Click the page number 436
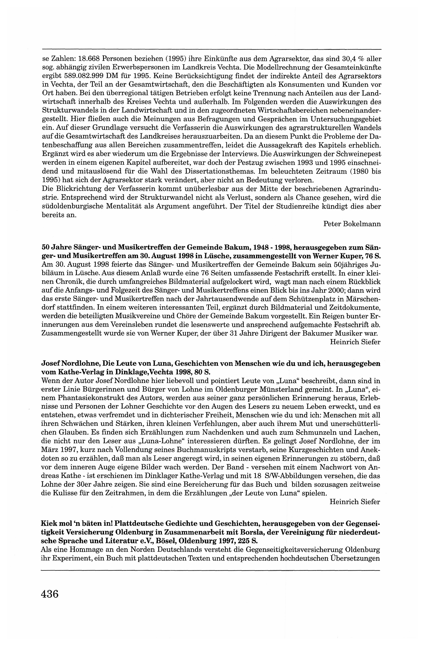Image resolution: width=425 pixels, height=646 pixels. [x=50, y=594]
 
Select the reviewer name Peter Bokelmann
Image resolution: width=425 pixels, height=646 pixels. [x=352, y=224]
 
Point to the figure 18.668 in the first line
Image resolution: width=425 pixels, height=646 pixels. [x=89, y=58]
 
